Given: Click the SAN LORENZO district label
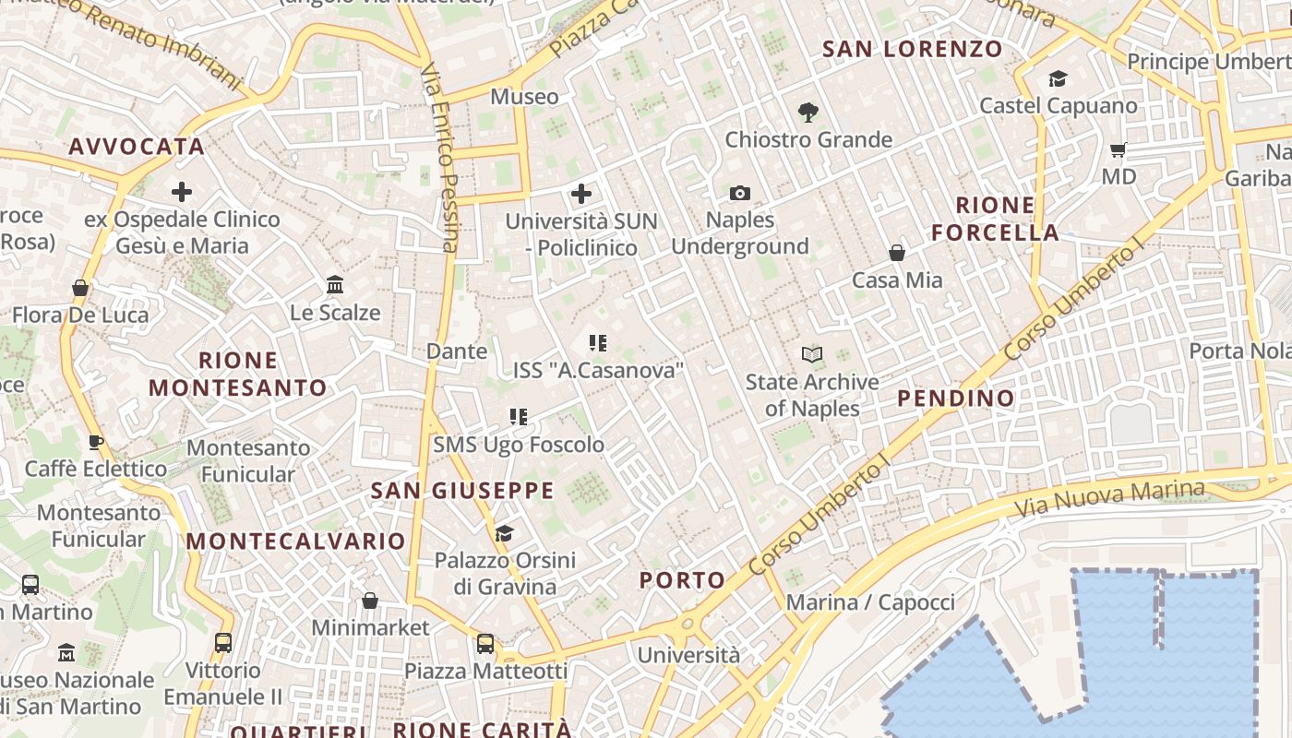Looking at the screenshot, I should [912, 49].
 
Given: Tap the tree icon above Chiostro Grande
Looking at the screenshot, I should [808, 113].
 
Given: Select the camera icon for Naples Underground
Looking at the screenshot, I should [739, 193].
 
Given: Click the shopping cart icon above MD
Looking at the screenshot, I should [1119, 149].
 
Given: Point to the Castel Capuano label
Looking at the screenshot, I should [1058, 106].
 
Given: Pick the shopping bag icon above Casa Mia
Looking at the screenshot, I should [896, 253].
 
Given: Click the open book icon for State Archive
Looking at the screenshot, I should [812, 354].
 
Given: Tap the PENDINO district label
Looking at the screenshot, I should [956, 399].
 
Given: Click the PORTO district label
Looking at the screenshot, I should [682, 580].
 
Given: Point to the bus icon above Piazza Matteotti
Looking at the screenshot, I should [485, 644].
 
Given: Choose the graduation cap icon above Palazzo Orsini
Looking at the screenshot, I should [504, 533].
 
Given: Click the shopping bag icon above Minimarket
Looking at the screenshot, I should [370, 601].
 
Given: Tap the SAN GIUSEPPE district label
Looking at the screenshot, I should [462, 491].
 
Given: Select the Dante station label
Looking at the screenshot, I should [457, 351].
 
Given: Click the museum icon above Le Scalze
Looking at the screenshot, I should [335, 285].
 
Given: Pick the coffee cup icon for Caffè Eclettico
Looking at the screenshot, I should [96, 442].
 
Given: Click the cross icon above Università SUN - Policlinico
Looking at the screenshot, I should [581, 194].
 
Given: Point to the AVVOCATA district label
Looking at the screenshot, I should [137, 147].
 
